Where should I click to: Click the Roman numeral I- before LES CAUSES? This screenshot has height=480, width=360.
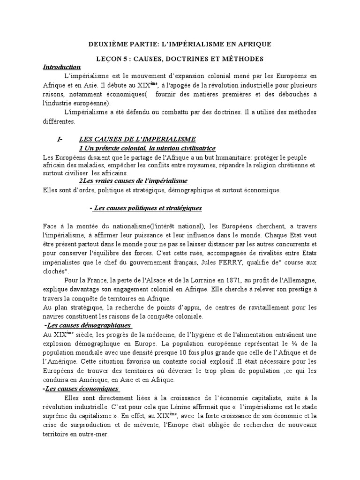(x=60, y=139)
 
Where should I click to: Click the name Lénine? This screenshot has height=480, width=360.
(x=195, y=407)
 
